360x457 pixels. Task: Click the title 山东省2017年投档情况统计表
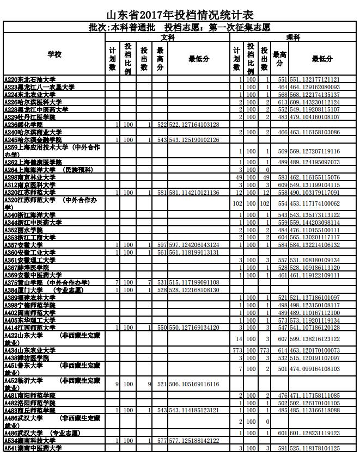(179, 14)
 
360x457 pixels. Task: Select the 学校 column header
(54, 55)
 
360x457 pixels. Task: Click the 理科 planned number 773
(237, 350)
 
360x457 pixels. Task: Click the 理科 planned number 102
(237, 203)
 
